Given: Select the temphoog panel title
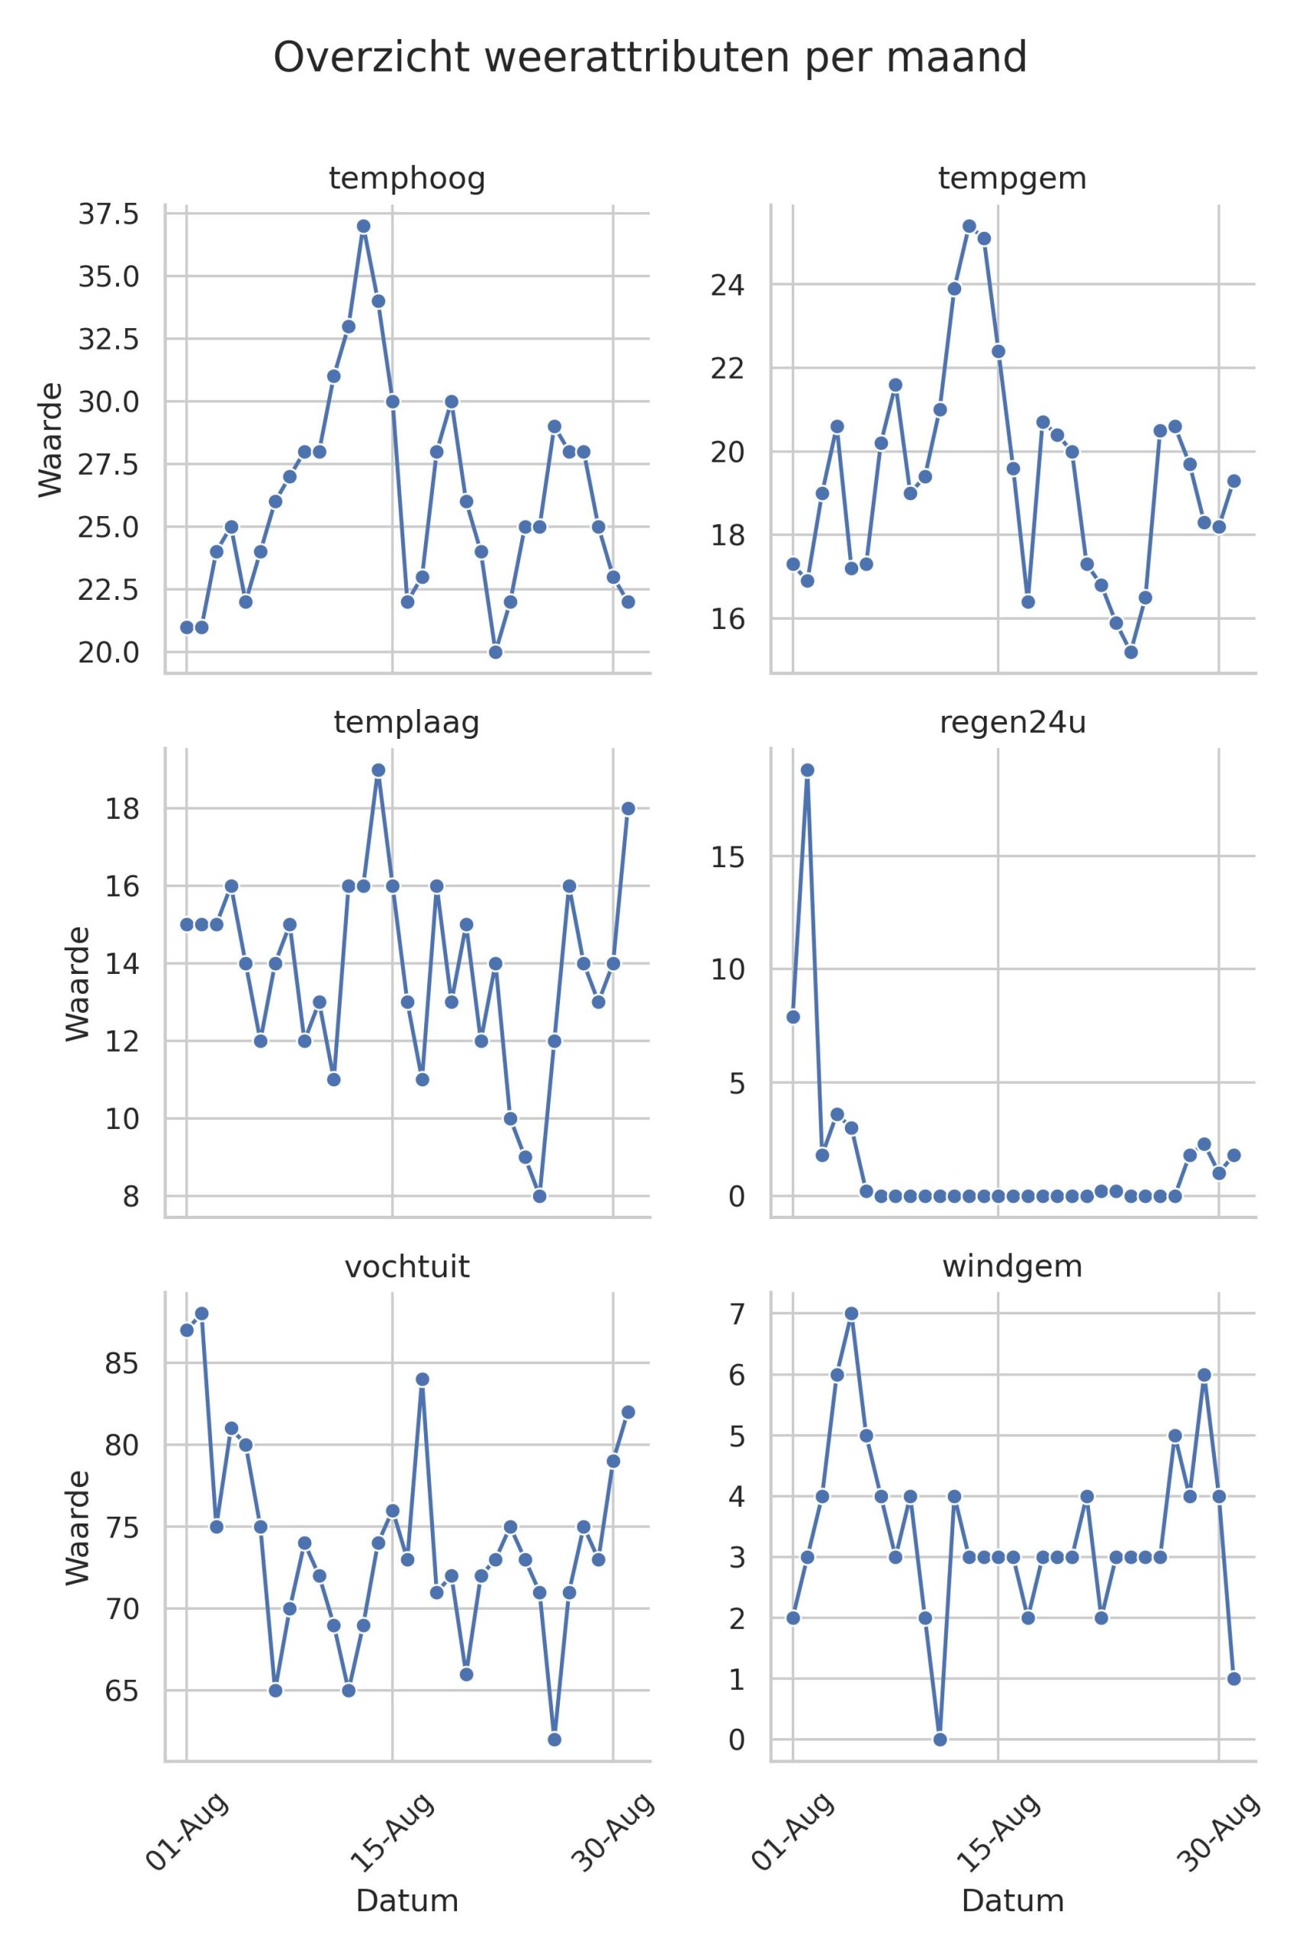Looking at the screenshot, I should [407, 179].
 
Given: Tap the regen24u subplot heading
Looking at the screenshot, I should [1012, 723].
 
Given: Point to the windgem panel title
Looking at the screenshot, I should [1012, 1266].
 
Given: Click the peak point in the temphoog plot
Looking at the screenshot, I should [363, 226].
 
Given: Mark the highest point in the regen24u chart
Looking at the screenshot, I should [807, 770].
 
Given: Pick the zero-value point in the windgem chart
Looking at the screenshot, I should [940, 1739].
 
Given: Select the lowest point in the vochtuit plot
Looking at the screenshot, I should [554, 1739].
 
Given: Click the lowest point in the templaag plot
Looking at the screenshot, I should [540, 1195].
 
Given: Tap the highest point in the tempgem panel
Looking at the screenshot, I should [969, 226].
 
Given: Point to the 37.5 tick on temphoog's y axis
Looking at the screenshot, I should [109, 215].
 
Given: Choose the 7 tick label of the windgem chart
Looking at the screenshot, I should [737, 1314].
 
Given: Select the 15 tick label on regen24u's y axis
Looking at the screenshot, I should [728, 856].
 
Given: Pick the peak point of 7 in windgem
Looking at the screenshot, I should [851, 1314].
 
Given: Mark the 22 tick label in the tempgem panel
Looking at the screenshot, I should [728, 368].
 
